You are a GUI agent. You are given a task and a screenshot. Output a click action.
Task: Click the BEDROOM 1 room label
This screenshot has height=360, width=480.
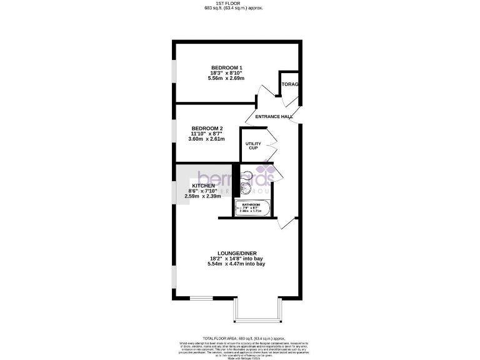226,67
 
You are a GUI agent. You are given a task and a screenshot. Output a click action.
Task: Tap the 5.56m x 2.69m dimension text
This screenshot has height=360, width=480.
226,78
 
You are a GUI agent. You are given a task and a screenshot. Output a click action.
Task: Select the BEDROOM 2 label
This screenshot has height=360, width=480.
207,128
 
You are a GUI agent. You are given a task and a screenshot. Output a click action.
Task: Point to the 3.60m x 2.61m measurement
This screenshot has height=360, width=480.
207,139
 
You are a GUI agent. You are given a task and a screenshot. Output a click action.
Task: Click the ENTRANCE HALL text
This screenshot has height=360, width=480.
274,117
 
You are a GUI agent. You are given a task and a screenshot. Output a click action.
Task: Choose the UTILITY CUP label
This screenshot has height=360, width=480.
252,146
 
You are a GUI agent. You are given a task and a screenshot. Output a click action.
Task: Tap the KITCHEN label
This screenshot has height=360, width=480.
204,186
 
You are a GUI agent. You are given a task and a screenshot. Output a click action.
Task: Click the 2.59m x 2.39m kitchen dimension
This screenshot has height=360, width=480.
204,197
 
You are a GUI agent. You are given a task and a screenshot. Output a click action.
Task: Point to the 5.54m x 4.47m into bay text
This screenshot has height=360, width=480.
236,264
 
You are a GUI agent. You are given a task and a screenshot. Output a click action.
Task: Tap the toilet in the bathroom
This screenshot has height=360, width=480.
246,176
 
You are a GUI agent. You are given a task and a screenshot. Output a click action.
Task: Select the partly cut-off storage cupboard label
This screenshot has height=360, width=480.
290,84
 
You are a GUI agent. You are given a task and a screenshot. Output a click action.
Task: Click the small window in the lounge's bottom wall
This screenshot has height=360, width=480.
201,298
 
